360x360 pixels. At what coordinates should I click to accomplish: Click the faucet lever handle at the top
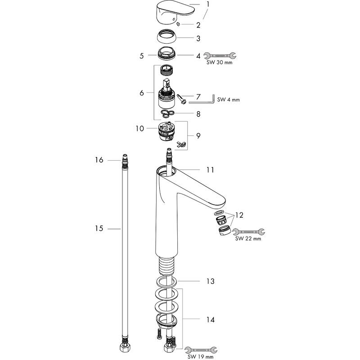(x=175, y=12)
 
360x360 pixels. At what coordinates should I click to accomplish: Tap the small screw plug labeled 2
(x=178, y=24)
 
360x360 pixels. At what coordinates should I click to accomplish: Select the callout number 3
(x=198, y=38)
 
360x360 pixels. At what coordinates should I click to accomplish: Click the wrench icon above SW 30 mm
(x=220, y=55)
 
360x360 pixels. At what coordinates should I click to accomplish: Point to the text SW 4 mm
(x=228, y=99)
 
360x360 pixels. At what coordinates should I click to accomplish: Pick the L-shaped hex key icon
(x=202, y=99)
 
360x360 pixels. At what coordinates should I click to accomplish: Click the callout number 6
(x=142, y=93)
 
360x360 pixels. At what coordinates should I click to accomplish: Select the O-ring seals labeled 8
(x=167, y=113)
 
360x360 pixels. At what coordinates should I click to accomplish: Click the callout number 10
(x=139, y=128)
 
